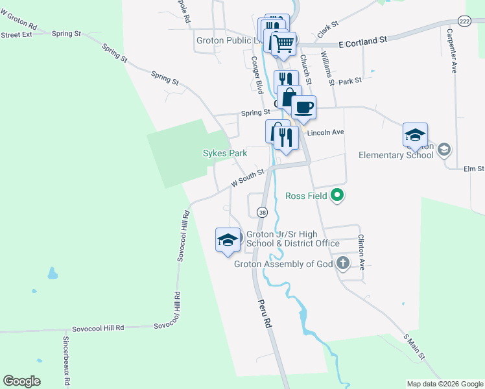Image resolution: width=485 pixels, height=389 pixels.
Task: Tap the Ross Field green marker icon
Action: pyautogui.click(x=337, y=194)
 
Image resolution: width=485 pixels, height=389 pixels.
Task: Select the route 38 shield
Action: pyautogui.click(x=262, y=212)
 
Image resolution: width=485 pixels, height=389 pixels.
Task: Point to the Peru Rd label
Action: pyautogui.click(x=263, y=314)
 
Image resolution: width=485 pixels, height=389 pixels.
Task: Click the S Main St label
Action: pyautogui.click(x=414, y=346)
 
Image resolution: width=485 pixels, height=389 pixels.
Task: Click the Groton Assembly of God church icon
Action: pyautogui.click(x=342, y=263)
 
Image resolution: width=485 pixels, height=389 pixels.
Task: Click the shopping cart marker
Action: pyautogui.click(x=283, y=44)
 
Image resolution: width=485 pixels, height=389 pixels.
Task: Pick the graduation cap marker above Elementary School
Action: pyautogui.click(x=415, y=134)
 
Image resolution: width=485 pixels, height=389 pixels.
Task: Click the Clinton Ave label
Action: pyautogui.click(x=362, y=252)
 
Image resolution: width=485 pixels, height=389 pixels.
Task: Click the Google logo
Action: pyautogui.click(x=21, y=381)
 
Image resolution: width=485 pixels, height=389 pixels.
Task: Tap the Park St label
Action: pyautogui.click(x=349, y=81)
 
